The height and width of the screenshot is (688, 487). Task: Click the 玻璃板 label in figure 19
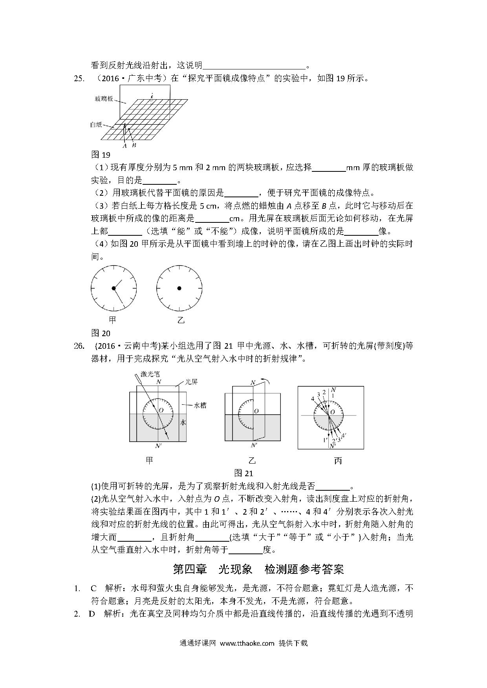click(x=104, y=98)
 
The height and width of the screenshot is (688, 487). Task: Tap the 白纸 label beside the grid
click(x=96, y=125)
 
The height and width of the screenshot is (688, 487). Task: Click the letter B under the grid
click(x=134, y=145)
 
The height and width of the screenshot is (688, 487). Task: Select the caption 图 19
click(x=101, y=155)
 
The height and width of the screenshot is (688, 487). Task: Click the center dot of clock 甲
click(x=114, y=288)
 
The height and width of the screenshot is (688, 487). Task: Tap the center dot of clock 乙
click(x=179, y=288)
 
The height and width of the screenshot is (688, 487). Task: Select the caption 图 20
click(x=101, y=333)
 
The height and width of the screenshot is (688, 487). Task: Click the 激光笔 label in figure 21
click(x=150, y=374)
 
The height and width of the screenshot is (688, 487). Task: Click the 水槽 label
click(x=200, y=406)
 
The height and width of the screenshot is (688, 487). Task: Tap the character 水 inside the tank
click(x=183, y=422)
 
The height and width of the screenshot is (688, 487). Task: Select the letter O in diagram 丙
click(x=333, y=412)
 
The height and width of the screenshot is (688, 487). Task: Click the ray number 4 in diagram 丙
click(x=313, y=399)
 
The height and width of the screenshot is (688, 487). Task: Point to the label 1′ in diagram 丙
click(x=325, y=440)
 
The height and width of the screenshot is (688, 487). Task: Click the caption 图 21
click(x=243, y=473)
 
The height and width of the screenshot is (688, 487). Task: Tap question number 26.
click(x=79, y=346)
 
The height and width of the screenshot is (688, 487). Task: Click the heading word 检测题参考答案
click(x=304, y=569)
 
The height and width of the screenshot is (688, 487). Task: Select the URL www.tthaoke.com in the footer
click(x=247, y=643)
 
